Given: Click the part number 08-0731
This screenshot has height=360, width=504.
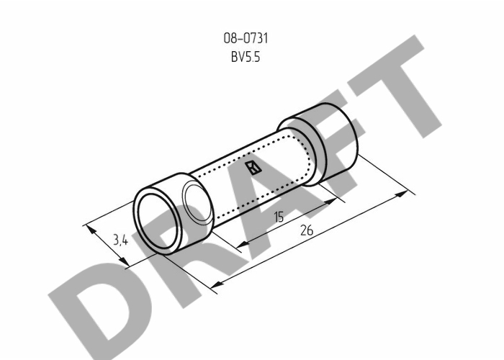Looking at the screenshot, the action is point(246,38).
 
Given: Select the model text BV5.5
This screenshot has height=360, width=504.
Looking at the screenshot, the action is point(246,57).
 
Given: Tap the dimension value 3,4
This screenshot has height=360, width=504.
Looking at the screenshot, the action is point(120,240).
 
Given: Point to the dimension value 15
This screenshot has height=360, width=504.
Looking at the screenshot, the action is point(279,217).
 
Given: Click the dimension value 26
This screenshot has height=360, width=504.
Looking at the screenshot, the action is point(306,230).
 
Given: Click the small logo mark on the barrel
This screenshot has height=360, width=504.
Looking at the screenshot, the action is point(253,168).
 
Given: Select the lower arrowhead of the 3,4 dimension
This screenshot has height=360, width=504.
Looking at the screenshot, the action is point(124,261).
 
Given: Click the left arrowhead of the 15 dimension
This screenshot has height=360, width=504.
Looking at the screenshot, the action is point(243,244).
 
